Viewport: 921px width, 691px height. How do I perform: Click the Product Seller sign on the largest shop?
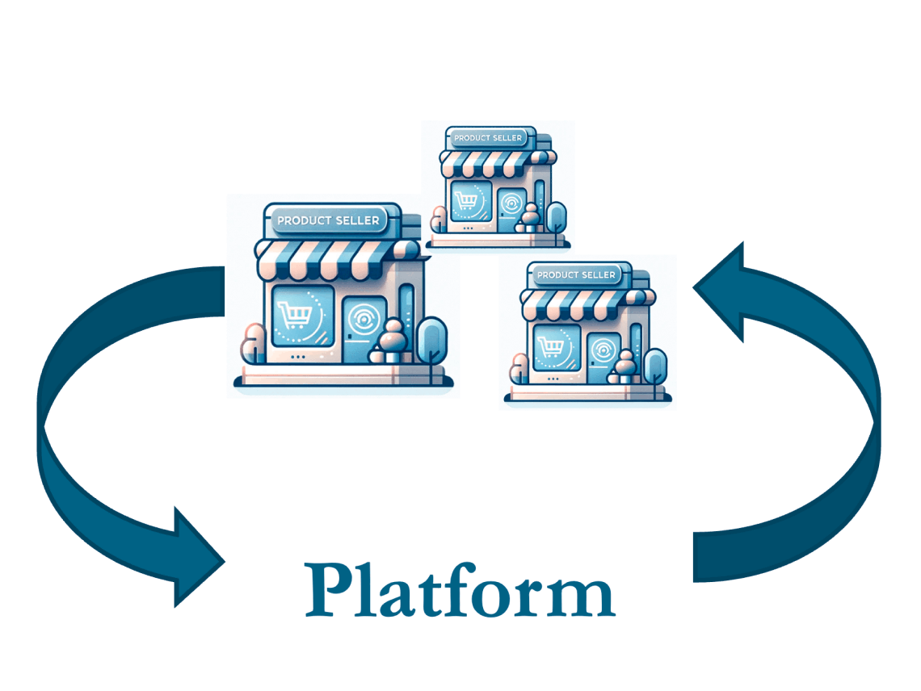point(327,220)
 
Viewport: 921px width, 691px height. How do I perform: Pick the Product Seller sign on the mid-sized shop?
point(576,275)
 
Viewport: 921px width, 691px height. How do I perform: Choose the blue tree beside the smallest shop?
point(557,216)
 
